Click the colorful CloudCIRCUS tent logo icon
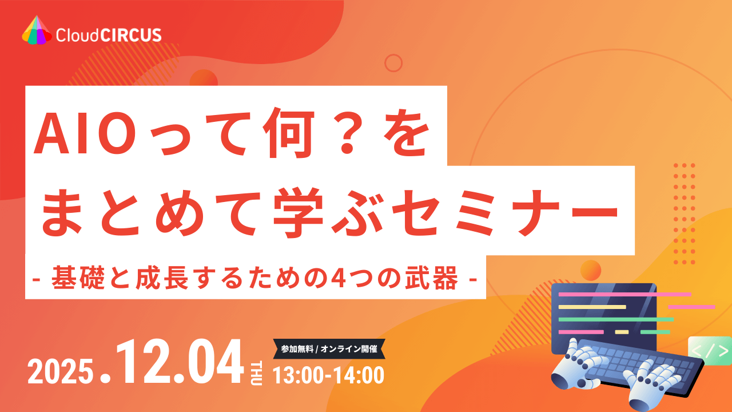[37, 30]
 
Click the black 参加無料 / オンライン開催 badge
[329, 348]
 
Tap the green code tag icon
[710, 351]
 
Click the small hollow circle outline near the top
[393, 62]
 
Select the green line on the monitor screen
[616, 319]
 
